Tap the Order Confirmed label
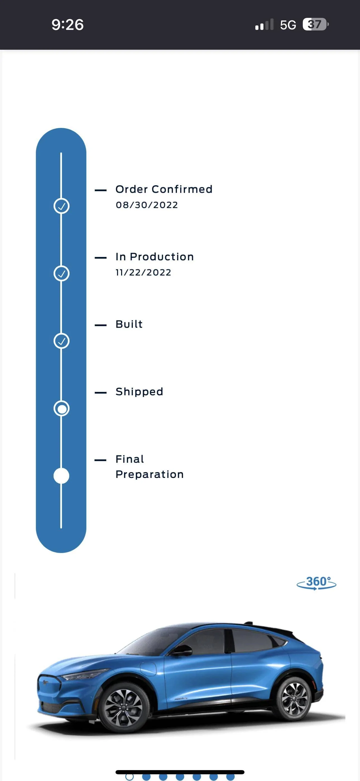164,189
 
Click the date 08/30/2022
147,205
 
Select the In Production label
155,257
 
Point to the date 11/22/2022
143,273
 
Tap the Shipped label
139,392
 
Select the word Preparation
150,475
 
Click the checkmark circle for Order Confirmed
61,206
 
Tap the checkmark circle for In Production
61,273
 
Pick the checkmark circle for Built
61,341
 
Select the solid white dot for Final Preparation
61,476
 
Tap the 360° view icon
316,583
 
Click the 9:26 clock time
68,25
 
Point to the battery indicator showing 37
315,24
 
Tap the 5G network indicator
288,25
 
